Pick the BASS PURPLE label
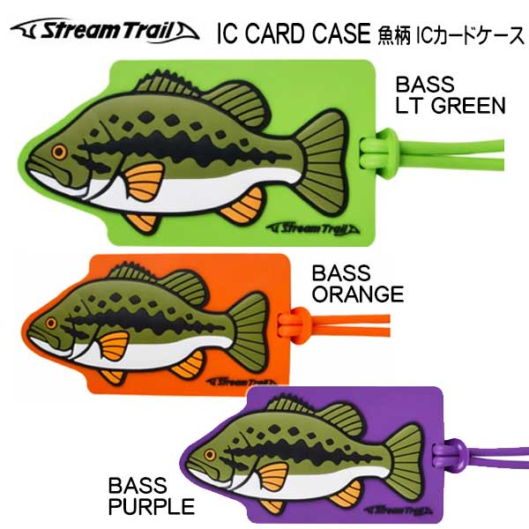(x=151, y=495)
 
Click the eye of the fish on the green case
(x=58, y=152)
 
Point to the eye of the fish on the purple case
(x=212, y=455)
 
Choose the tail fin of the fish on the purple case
(x=405, y=451)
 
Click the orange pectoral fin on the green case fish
(x=143, y=182)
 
